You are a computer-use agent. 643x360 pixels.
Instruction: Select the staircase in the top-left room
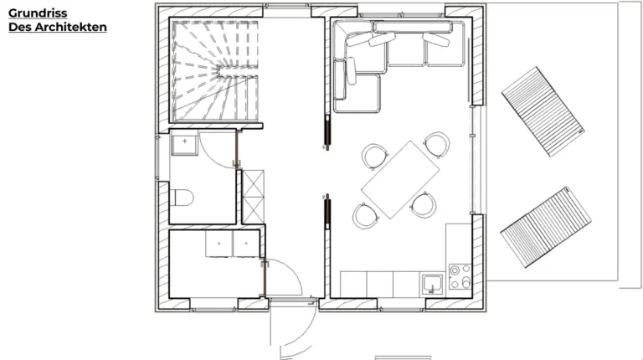click(x=216, y=72)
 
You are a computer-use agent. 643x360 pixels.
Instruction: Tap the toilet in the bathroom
click(x=183, y=198)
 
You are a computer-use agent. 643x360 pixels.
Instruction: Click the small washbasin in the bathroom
click(x=183, y=144)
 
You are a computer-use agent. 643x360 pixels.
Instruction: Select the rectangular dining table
click(x=402, y=179)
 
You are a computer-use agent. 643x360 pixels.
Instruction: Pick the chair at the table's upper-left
click(x=374, y=156)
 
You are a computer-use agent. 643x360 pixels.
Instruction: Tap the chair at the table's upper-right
click(x=435, y=144)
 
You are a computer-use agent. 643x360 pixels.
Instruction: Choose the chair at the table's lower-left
click(x=366, y=215)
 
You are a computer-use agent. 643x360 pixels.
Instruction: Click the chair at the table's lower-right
click(x=424, y=203)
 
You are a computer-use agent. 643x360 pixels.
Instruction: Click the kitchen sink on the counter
click(x=432, y=282)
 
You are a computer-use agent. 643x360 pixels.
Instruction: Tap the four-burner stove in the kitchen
click(x=459, y=276)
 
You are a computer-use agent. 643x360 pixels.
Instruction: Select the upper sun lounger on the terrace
click(x=543, y=111)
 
